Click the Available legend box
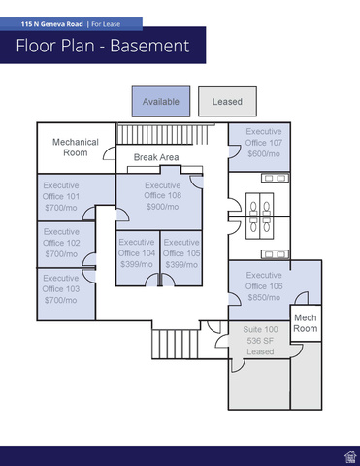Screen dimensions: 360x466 tap(161, 101)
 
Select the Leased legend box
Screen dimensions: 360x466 tap(227, 101)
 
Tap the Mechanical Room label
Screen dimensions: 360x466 tap(76, 148)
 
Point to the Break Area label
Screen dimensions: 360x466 tap(156, 157)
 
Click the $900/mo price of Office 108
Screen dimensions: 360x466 tap(162, 207)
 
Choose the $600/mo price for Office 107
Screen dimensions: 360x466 tap(264, 154)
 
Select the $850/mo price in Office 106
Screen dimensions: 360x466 tap(264, 297)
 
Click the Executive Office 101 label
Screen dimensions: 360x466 tap(61, 191)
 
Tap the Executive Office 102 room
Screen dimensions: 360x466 tap(66, 245)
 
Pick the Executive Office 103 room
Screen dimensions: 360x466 tap(66, 294)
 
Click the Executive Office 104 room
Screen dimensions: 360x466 tap(138, 258)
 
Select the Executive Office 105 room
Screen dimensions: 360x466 tap(181, 258)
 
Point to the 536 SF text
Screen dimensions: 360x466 tap(260, 341)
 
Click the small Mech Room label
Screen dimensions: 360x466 tap(306, 323)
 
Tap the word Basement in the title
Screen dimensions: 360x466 tap(149, 46)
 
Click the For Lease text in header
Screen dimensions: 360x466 tap(106, 24)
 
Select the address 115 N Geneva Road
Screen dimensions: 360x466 tap(52, 24)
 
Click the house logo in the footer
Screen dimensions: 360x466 tap(350, 457)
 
